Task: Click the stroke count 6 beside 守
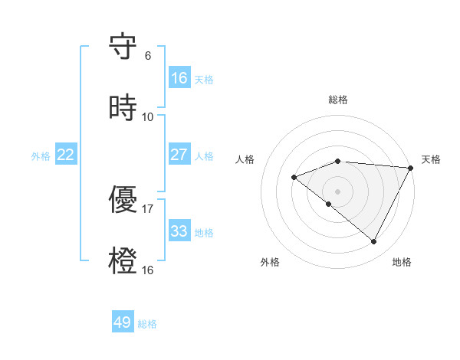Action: pos(148,56)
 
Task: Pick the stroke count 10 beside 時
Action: pos(148,117)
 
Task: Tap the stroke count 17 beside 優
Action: pos(148,209)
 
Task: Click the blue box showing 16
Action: pos(179,77)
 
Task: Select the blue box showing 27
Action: pos(179,155)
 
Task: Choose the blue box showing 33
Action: pos(179,231)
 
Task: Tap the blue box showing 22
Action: pos(66,155)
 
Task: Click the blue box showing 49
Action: pos(123,322)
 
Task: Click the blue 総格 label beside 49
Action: pos(148,324)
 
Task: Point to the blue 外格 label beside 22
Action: pos(41,156)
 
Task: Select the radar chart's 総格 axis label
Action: pos(338,100)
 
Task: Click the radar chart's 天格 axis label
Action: pos(431,159)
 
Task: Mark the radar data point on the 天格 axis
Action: pos(411,168)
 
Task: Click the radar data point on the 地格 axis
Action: pos(374,242)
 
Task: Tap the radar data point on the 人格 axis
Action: pos(294,177)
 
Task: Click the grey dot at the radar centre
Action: pos(338,191)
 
